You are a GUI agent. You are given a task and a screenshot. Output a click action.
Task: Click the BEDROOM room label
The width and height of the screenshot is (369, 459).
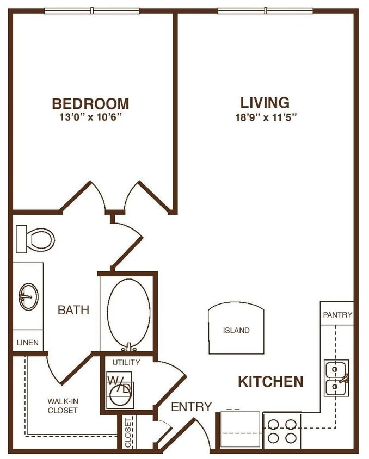tap(90, 103)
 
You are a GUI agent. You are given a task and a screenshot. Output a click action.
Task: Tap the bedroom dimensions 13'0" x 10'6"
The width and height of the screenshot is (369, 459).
tap(90, 117)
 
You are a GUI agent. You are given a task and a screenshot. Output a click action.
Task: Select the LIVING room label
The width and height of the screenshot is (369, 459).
tap(265, 102)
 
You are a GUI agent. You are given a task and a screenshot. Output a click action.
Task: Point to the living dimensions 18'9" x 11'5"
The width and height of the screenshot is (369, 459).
tap(265, 117)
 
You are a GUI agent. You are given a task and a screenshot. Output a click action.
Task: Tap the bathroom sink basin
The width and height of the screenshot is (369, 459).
tap(28, 296)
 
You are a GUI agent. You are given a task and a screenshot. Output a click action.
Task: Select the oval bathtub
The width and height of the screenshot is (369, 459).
tap(128, 313)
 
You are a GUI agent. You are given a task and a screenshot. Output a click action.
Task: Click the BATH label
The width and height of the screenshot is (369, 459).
tap(73, 311)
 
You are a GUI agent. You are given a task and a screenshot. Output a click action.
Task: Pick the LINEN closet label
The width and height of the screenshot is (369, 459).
tap(27, 343)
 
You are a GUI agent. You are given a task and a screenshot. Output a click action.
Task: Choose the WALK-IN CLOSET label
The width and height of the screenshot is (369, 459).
tap(62, 406)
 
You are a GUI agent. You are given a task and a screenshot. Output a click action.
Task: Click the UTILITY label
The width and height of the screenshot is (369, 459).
tap(126, 362)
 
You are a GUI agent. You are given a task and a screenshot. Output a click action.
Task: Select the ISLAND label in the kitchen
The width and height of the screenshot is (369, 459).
tap(236, 330)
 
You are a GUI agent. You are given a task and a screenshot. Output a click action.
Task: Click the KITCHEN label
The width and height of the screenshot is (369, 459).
tap(270, 382)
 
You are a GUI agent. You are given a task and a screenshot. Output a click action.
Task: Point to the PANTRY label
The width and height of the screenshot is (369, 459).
tap(337, 315)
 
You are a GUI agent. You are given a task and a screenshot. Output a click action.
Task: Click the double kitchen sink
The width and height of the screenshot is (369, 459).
tap(336, 378)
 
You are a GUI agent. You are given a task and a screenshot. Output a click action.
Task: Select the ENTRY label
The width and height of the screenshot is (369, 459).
tap(191, 407)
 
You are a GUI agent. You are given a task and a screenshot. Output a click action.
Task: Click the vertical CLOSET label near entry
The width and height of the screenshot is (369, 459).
tap(128, 432)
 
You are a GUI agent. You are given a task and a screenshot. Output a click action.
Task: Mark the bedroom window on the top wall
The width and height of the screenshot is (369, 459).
tap(91, 10)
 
